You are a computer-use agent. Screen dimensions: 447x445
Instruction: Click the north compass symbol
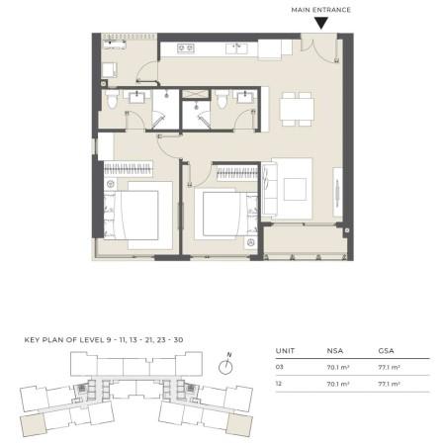tap(229, 364)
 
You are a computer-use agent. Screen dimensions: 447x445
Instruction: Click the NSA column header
tap(335, 348)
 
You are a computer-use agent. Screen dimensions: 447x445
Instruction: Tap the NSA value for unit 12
tap(337, 384)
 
